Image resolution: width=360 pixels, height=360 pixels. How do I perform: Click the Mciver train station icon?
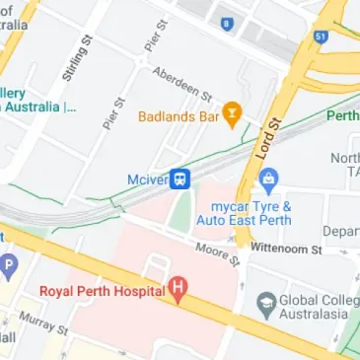point(180,179)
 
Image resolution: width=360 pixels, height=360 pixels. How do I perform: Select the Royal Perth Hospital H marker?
point(179,290)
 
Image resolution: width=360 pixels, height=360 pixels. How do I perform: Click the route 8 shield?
point(228,23)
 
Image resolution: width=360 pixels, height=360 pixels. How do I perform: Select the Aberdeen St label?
point(182,84)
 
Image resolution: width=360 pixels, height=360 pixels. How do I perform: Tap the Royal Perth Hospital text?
point(103,291)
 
